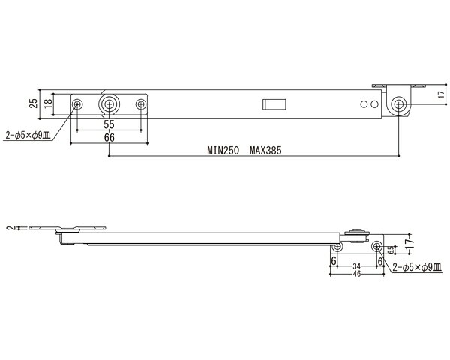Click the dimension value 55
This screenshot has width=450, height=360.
109,124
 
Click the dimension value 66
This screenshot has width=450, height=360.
109,138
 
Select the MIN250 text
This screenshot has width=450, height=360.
223,151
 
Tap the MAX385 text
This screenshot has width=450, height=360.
265,151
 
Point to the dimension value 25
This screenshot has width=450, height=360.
34,103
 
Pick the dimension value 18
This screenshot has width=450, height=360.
49,103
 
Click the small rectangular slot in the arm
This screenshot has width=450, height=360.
274,104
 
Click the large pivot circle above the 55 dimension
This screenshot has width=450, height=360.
109,104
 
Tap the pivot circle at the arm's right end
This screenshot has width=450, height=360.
399,103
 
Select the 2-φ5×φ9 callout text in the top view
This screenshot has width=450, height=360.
28,136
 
